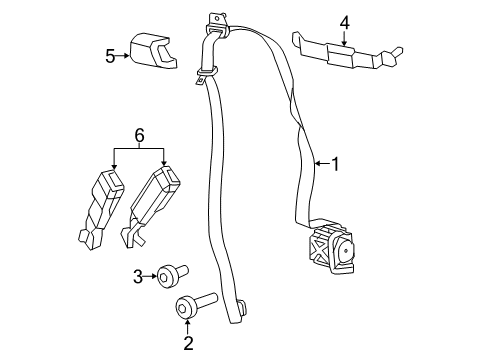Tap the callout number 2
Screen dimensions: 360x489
[x=186, y=345]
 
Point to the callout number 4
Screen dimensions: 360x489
[x=344, y=20]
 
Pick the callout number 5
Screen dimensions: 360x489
[x=111, y=56]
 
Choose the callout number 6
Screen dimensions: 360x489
[x=139, y=134]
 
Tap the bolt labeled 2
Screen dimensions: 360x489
[x=194, y=307]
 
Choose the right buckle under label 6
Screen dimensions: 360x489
[x=153, y=200]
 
